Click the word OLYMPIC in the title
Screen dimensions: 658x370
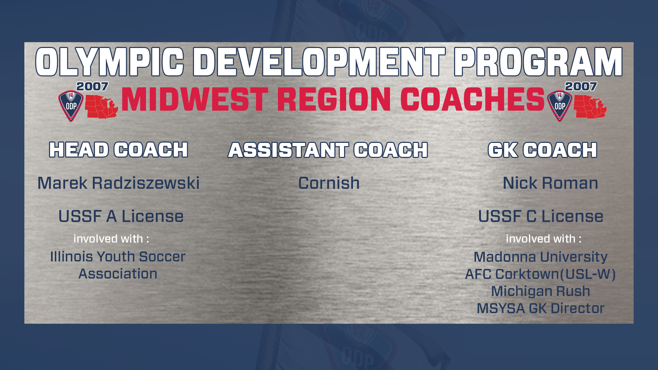pos(110,62)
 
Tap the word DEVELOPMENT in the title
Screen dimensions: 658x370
pos(319,62)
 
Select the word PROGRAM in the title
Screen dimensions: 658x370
pos(538,62)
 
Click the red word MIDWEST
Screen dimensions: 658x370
pos(195,99)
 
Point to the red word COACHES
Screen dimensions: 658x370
pos(473,99)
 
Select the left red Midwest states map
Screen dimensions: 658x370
pos(101,107)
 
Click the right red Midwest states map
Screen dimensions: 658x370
pos(590,107)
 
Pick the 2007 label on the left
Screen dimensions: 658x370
pos(92,86)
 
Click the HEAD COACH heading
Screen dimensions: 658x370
pos(119,150)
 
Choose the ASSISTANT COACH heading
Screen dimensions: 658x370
pos(328,150)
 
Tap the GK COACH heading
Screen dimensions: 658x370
pos(543,150)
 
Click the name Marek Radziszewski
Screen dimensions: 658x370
pos(119,183)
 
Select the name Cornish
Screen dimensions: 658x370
pos(329,183)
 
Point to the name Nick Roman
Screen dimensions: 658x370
pos(550,183)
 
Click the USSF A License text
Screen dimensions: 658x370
pos(121,216)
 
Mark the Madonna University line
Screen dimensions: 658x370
pos(540,257)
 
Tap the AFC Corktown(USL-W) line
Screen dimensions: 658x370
pos(540,274)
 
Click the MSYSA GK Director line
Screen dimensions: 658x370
pos(540,308)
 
